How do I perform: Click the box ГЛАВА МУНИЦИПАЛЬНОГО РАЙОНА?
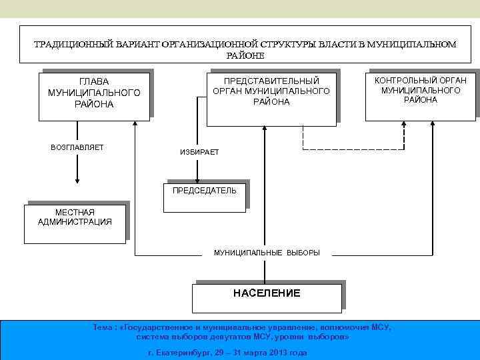tap(94, 95)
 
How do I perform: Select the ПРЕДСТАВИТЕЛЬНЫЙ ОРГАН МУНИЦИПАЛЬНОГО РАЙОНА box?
tap(271, 98)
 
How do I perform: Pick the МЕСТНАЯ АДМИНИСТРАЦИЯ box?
tap(75, 223)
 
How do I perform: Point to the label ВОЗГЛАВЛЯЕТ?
tap(77, 147)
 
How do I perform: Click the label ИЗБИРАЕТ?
tap(199, 153)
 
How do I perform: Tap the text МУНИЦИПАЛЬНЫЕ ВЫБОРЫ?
tap(267, 253)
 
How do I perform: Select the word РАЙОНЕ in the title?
tap(246, 55)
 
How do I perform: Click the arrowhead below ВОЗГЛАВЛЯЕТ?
tap(77, 178)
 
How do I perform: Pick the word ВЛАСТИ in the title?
tap(341, 44)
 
